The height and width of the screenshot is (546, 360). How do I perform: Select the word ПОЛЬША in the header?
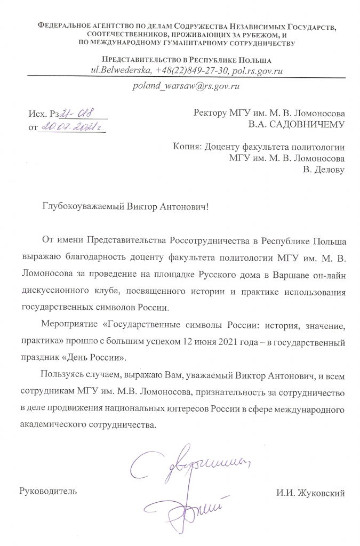click(x=253, y=60)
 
